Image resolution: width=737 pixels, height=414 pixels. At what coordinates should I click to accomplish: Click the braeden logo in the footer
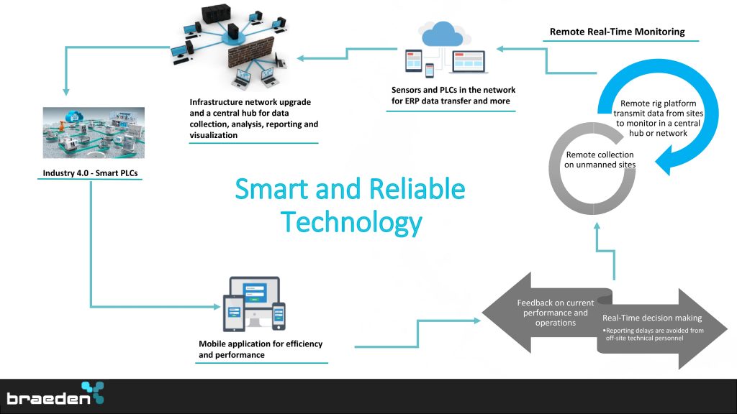pyautogui.click(x=55, y=393)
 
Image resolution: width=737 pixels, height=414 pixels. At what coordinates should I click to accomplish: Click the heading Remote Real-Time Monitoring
pyautogui.click(x=617, y=32)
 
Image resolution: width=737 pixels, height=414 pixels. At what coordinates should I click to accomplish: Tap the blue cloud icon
pyautogui.click(x=442, y=34)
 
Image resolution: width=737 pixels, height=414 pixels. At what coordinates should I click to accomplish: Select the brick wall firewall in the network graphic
pyautogui.click(x=250, y=52)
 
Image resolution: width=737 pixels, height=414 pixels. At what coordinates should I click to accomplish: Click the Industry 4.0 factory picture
pyautogui.click(x=94, y=133)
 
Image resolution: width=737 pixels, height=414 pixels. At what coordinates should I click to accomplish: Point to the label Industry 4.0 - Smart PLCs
pyautogui.click(x=90, y=173)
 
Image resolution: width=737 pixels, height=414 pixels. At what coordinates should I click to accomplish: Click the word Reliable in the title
pyautogui.click(x=417, y=189)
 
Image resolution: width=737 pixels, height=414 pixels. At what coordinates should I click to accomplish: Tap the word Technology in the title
pyautogui.click(x=351, y=223)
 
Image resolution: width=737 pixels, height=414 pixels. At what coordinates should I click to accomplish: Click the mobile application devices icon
pyautogui.click(x=254, y=304)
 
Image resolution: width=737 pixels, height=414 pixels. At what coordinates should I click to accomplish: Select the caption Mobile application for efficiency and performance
pyautogui.click(x=261, y=349)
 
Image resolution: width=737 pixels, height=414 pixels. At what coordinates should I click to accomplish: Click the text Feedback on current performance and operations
pyautogui.click(x=555, y=313)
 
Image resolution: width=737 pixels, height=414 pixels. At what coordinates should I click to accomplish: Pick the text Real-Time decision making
pyautogui.click(x=652, y=318)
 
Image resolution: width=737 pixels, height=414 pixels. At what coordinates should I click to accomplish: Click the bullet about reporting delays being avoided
pyautogui.click(x=654, y=334)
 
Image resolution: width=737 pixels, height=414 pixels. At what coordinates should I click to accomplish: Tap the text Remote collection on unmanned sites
pyautogui.click(x=600, y=160)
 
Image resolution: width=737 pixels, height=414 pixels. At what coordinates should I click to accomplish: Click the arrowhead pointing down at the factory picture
pyautogui.click(x=66, y=91)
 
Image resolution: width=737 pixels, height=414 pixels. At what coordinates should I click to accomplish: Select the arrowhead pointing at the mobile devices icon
pyautogui.click(x=216, y=306)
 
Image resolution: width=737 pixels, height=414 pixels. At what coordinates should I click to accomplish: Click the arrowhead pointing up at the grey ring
pyautogui.click(x=597, y=226)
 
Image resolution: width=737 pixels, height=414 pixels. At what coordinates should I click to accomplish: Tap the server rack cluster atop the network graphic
pyautogui.click(x=216, y=14)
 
